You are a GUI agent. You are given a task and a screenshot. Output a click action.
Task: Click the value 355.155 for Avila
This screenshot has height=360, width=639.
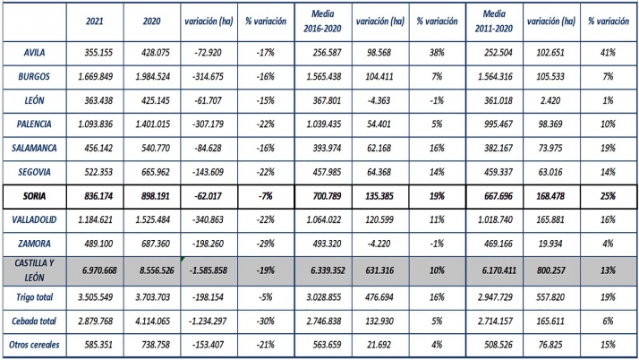coord(95,53)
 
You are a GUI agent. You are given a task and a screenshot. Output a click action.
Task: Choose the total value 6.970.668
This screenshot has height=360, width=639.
coord(95,269)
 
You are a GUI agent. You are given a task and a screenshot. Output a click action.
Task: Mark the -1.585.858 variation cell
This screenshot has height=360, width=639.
coord(208,269)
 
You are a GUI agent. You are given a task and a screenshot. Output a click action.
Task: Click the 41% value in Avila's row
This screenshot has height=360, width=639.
coord(608,53)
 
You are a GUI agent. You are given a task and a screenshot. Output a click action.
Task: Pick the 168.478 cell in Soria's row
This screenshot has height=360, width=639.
coord(550,195)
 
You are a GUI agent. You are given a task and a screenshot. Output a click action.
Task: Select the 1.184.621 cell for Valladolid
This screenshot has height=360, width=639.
coord(95,219)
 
